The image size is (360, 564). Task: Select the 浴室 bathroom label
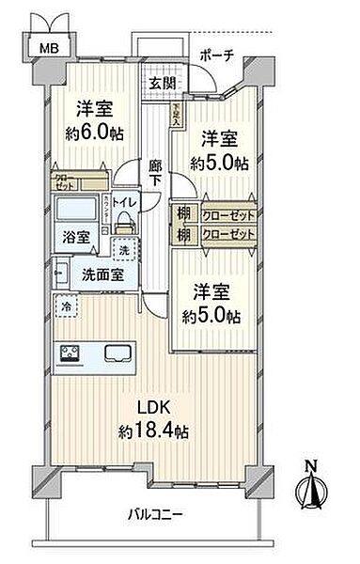(x=76, y=238)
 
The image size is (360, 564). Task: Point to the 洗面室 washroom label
(x=98, y=276)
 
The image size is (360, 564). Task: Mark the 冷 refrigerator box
(x=67, y=305)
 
